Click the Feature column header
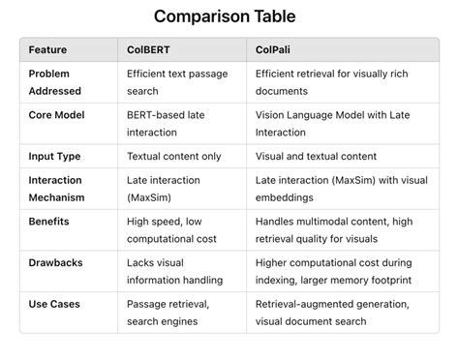click(48, 49)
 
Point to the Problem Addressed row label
click(56, 82)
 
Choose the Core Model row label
click(57, 115)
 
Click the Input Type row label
click(54, 156)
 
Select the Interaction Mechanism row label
click(57, 189)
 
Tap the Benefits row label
click(50, 221)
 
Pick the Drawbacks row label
click(56, 262)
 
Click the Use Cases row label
click(54, 303)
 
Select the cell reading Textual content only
click(174, 156)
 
